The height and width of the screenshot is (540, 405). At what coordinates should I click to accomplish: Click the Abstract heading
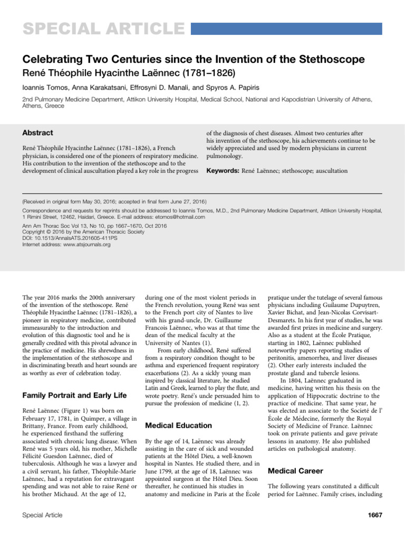[37, 133]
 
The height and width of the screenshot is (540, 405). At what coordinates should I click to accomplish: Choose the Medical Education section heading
[178, 425]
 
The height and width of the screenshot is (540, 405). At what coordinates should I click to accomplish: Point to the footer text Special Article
[42, 515]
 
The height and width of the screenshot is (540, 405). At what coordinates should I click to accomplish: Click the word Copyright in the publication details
[35, 232]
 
